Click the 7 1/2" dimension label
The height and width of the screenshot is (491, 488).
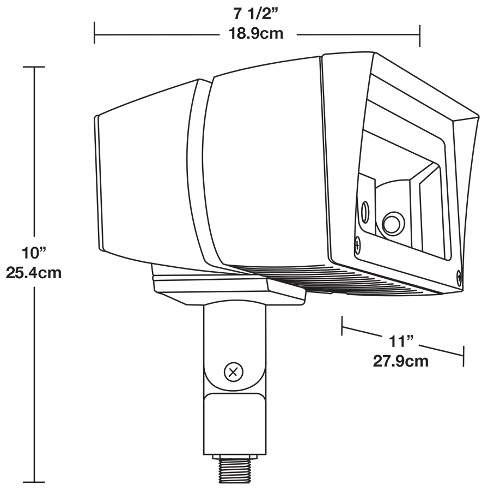click(x=255, y=13)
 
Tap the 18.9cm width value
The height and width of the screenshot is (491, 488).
click(x=255, y=33)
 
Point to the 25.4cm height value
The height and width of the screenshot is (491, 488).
click(x=34, y=272)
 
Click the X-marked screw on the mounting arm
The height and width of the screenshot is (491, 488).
click(x=234, y=373)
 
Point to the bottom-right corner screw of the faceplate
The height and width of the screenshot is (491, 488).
click(x=459, y=277)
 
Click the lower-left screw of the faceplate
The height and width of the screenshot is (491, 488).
click(x=357, y=245)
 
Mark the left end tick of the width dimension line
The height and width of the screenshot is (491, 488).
click(x=95, y=33)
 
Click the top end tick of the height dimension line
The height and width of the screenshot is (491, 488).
click(x=34, y=67)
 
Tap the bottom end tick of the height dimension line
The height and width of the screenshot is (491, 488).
click(x=34, y=482)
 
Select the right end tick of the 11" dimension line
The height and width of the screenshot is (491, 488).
click(x=463, y=356)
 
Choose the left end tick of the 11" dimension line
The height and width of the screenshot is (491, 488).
click(x=342, y=326)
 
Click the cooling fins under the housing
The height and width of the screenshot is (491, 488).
click(x=327, y=281)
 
